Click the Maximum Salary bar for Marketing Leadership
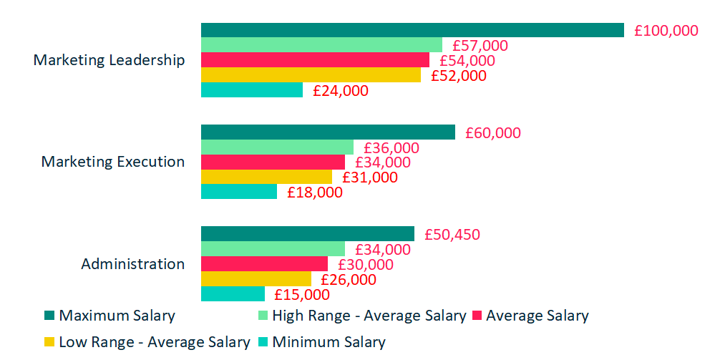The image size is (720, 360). (x=412, y=30)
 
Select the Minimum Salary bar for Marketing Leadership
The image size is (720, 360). (x=252, y=90)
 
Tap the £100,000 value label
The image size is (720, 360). (x=666, y=31)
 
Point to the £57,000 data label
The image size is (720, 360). (x=480, y=46)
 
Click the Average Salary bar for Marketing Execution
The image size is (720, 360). (x=273, y=162)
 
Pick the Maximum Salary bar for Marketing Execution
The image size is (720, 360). (x=328, y=132)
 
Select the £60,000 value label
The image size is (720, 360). (x=493, y=133)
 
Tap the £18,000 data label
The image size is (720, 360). (x=315, y=192)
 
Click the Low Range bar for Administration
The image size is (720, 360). (x=256, y=278)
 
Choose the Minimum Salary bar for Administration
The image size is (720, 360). (x=233, y=293)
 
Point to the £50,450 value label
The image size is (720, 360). (x=452, y=235)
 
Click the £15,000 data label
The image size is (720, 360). (x=302, y=294)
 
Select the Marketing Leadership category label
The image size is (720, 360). (x=109, y=60)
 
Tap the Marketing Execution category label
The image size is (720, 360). (x=112, y=162)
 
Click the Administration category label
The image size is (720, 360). (x=132, y=263)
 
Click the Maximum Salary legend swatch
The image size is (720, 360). (x=49, y=316)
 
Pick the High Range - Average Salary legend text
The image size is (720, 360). (x=369, y=316)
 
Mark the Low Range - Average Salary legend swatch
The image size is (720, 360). (x=49, y=342)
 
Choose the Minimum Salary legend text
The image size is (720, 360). (x=329, y=342)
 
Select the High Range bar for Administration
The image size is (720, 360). (x=273, y=248)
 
